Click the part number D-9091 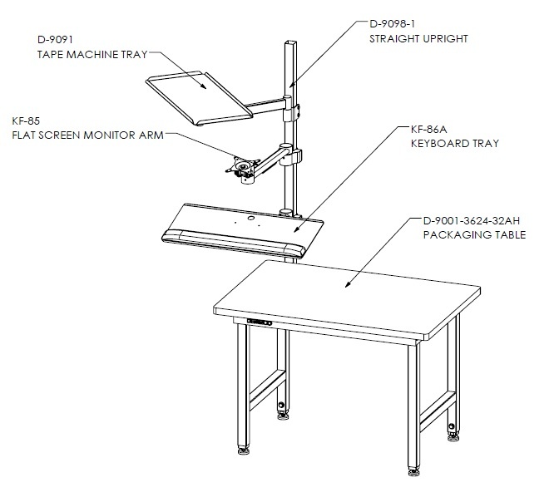pos(55,40)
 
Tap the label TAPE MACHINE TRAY pos(92,54)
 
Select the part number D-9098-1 pos(392,23)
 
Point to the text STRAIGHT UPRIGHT pos(418,38)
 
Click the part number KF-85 pos(26,121)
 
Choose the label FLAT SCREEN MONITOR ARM pos(87,135)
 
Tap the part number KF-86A pos(428,130)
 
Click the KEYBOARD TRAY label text pos(455,143)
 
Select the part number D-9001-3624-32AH pos(472,220)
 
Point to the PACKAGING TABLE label pos(474,234)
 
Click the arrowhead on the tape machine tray pos(204,86)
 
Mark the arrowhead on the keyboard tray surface pos(296,229)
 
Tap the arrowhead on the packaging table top pos(348,284)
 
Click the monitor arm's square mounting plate pos(243,166)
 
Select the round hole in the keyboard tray pos(251,218)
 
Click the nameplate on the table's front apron pos(260,322)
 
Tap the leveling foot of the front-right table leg pos(414,471)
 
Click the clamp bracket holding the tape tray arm pos(291,112)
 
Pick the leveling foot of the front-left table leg pos(244,451)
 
